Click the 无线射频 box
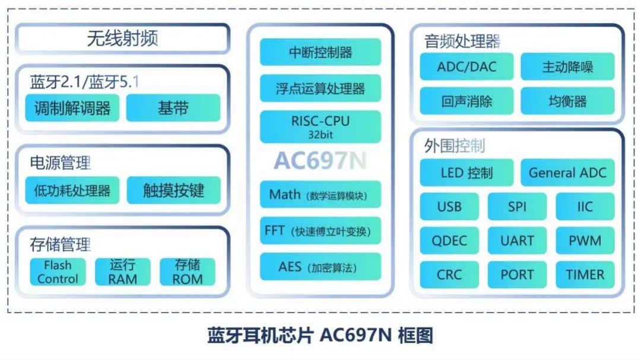click(123, 39)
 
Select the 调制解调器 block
click(72, 108)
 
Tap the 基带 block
click(173, 108)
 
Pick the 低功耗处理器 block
click(72, 190)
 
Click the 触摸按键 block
click(174, 190)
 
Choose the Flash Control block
click(58, 272)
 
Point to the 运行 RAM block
click(123, 272)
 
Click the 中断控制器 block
click(320, 52)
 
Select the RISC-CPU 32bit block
click(320, 127)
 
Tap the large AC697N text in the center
click(320, 160)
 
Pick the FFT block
click(320, 231)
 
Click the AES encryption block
click(320, 267)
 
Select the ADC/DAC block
click(467, 66)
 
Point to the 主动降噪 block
click(567, 66)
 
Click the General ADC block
click(567, 173)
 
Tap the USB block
click(449, 206)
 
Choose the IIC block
click(585, 206)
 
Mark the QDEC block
click(449, 240)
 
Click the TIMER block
click(585, 275)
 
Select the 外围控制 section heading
click(454, 145)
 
